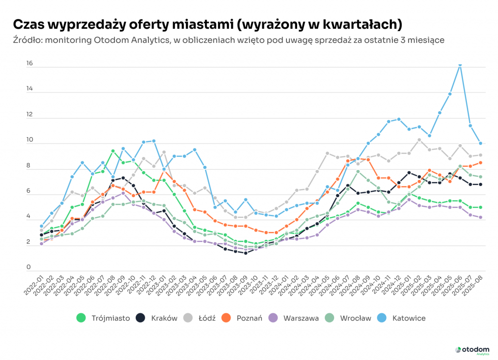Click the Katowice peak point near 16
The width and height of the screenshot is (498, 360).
pos(460,64)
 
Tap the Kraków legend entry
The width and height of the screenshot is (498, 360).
pos(157,318)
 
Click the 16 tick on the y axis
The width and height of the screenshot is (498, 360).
pos(29,64)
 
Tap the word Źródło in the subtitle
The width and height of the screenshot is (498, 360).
pos(27,40)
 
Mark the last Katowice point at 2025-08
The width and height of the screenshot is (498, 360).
pos(480,143)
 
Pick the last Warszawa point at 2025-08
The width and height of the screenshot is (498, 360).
pos(480,217)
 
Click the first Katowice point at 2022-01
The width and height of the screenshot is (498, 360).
pos(41,226)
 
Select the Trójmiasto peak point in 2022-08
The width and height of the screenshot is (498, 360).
pos(113,151)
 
